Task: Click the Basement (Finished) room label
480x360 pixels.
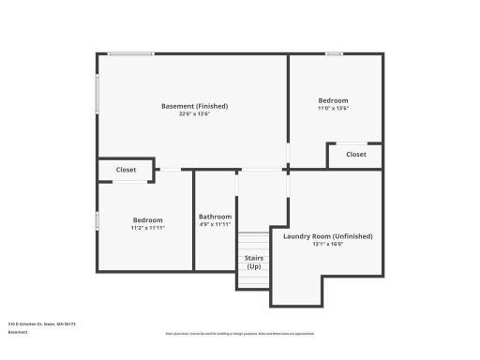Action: (194, 106)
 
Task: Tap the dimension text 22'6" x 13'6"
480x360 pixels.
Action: (194, 114)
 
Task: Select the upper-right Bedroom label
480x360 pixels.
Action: (333, 100)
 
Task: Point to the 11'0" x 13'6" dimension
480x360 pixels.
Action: (333, 108)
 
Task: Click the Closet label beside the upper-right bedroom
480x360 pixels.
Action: (356, 155)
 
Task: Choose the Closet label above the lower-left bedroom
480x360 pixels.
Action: (126, 170)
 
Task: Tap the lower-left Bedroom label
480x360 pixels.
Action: (147, 220)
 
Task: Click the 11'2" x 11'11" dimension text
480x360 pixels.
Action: (147, 228)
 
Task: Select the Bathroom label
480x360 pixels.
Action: (215, 217)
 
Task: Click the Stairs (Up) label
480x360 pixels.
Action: (253, 262)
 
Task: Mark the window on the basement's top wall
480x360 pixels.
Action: (131, 53)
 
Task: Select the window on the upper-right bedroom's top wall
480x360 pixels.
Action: (334, 53)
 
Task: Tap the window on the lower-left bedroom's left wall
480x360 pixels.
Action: (97, 220)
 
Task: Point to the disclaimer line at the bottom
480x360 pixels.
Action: (239, 334)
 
